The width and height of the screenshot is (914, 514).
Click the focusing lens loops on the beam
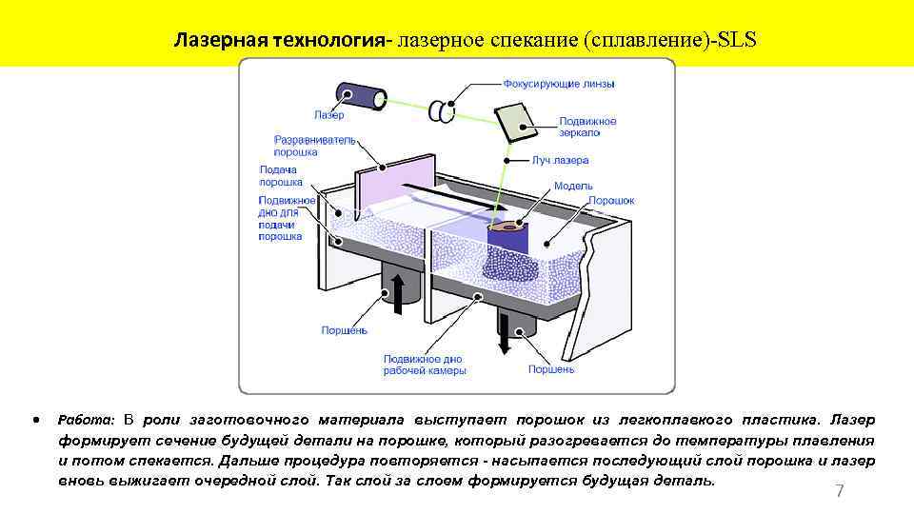(441, 110)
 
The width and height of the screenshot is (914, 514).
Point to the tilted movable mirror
(515, 120)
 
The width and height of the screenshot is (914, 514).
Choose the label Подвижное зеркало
(587, 128)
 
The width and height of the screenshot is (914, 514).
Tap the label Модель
(573, 186)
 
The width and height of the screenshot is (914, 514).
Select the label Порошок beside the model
(610, 201)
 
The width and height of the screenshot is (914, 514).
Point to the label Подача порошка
(281, 176)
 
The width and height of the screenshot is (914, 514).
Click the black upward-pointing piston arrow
(398, 289)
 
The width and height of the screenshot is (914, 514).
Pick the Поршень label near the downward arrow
(551, 368)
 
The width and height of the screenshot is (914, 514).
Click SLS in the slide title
(737, 42)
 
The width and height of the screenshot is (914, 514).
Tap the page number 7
(839, 491)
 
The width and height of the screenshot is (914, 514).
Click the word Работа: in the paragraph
(87, 420)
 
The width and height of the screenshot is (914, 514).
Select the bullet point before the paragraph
(35, 419)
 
